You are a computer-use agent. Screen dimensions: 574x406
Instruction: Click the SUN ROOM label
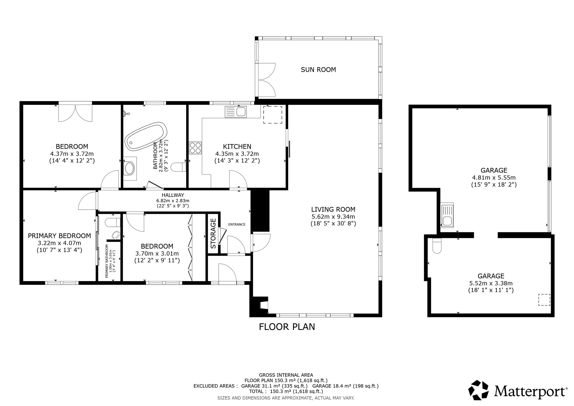click(x=318, y=69)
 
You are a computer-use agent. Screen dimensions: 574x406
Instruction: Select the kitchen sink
click(x=236, y=111)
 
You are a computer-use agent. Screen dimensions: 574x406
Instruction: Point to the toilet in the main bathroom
click(x=178, y=167)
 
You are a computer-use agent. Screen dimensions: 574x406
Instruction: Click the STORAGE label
click(x=213, y=233)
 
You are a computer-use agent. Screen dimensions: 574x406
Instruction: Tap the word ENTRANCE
click(x=237, y=225)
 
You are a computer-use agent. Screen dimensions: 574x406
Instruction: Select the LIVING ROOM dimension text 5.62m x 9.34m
click(x=333, y=217)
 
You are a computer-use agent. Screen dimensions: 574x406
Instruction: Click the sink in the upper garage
click(x=447, y=215)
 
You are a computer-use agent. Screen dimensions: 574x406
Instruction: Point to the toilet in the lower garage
click(x=437, y=246)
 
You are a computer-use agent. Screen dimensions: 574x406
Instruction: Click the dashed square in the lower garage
click(x=544, y=300)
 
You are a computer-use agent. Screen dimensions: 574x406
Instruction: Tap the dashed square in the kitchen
click(x=273, y=115)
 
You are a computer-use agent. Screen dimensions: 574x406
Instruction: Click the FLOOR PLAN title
click(x=287, y=327)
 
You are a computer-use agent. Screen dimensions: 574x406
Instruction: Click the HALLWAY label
click(x=173, y=195)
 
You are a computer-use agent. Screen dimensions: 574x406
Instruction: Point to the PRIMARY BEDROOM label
click(x=59, y=236)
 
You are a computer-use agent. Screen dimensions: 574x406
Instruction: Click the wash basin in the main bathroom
click(x=129, y=169)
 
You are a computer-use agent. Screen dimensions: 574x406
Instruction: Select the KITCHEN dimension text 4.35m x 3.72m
click(x=237, y=154)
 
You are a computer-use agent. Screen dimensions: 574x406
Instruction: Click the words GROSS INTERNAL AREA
click(x=286, y=375)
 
